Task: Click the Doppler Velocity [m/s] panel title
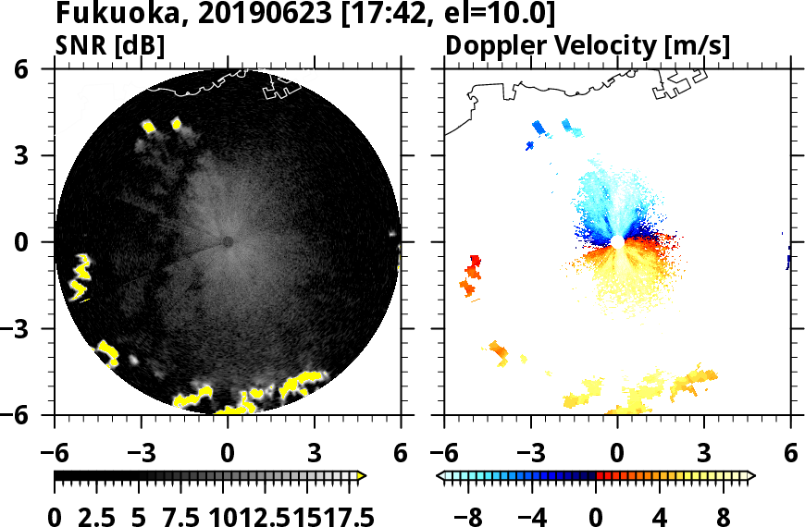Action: pyautogui.click(x=588, y=45)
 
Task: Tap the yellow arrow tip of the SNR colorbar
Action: pyautogui.click(x=362, y=476)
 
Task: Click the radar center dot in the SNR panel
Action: pyautogui.click(x=228, y=241)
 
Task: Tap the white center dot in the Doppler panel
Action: pyautogui.click(x=617, y=241)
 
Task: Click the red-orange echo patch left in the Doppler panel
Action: pyautogui.click(x=472, y=275)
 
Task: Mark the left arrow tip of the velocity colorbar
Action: pyautogui.click(x=440, y=476)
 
